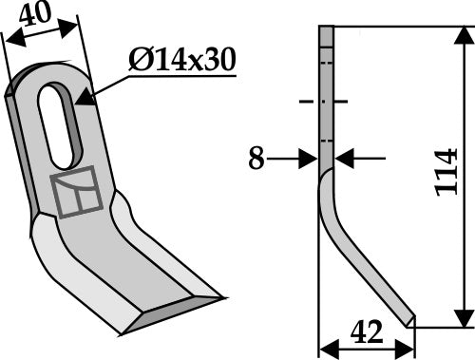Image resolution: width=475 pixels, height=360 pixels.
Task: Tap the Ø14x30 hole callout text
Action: click(180, 61)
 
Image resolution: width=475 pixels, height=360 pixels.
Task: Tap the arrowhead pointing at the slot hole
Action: click(85, 98)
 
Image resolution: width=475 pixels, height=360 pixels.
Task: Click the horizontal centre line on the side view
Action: click(323, 101)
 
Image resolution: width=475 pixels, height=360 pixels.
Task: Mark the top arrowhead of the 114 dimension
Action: click(464, 34)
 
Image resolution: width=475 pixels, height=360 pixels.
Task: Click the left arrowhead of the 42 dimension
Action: click(324, 346)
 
